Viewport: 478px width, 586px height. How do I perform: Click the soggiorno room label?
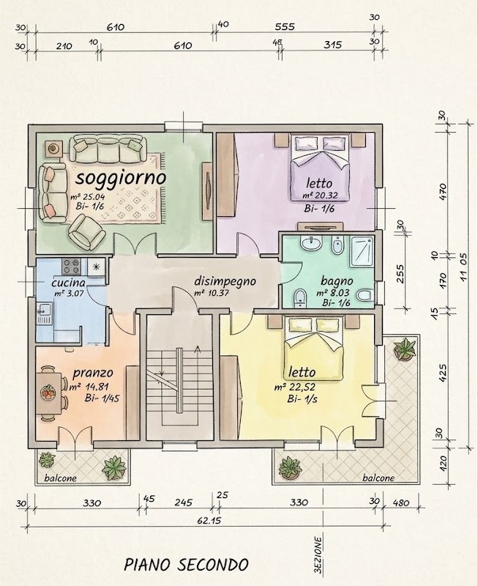(121, 179)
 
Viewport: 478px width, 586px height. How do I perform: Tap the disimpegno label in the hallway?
(225, 281)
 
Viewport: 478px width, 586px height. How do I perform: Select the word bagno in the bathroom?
(337, 281)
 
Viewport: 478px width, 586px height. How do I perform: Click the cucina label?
(68, 283)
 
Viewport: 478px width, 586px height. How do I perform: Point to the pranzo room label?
(93, 373)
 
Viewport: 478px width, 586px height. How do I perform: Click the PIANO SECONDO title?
(186, 565)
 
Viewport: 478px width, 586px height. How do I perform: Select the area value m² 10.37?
(212, 294)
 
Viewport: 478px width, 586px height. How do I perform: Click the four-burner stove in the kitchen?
(71, 267)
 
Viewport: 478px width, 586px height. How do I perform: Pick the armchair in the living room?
(86, 231)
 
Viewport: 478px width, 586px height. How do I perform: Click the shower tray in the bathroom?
(362, 251)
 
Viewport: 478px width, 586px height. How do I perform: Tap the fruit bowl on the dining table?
(48, 393)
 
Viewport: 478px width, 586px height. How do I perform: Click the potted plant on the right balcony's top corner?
(404, 349)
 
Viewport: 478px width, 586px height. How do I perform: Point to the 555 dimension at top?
(285, 27)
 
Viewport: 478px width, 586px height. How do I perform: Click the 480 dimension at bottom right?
(401, 502)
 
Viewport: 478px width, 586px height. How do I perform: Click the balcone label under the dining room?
(61, 478)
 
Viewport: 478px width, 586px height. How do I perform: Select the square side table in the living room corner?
(53, 149)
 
